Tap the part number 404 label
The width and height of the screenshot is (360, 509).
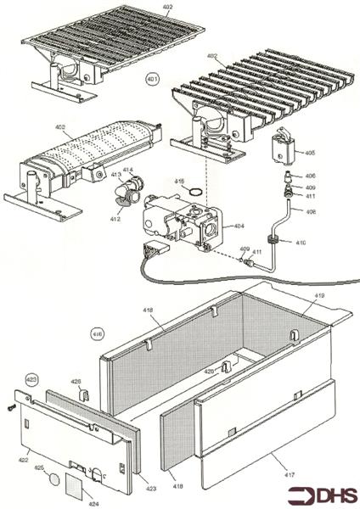(x=239, y=227)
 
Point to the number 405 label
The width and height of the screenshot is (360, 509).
(x=310, y=153)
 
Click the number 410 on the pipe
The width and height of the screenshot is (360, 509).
(x=300, y=243)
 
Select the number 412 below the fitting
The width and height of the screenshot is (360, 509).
(x=115, y=219)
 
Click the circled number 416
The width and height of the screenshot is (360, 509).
(x=98, y=333)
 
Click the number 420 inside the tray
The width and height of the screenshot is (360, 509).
(x=209, y=372)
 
